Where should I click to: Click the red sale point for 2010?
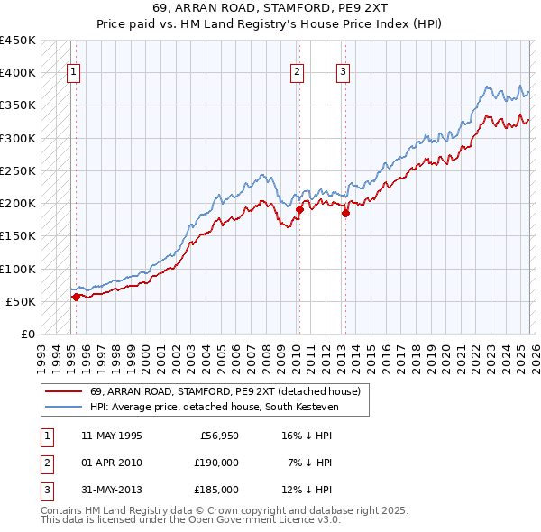click(298, 209)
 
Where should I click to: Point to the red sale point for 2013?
click(345, 213)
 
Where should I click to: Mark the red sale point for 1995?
click(75, 296)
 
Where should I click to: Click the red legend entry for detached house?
click(225, 391)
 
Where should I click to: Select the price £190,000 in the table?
click(216, 462)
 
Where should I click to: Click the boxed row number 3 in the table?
click(45, 490)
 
